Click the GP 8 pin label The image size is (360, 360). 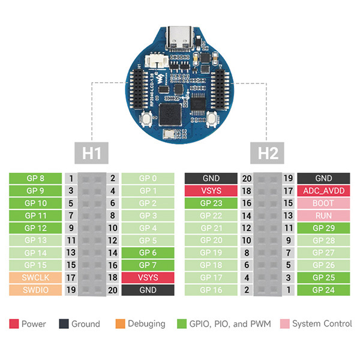click(35, 178)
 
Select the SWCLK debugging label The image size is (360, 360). click(35, 278)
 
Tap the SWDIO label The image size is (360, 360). click(35, 290)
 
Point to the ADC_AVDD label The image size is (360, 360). click(323, 191)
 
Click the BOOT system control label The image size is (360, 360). click(323, 203)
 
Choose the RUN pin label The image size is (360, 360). click(323, 215)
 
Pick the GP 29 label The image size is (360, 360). click(323, 228)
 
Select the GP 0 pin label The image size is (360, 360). click(148, 178)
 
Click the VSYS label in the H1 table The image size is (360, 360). click(148, 278)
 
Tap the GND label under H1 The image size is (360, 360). click(148, 290)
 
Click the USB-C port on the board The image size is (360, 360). click(181, 39)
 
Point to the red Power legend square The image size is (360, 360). click(13, 324)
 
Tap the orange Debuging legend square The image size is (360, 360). click(119, 324)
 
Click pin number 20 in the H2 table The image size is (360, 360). click(246, 178)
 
